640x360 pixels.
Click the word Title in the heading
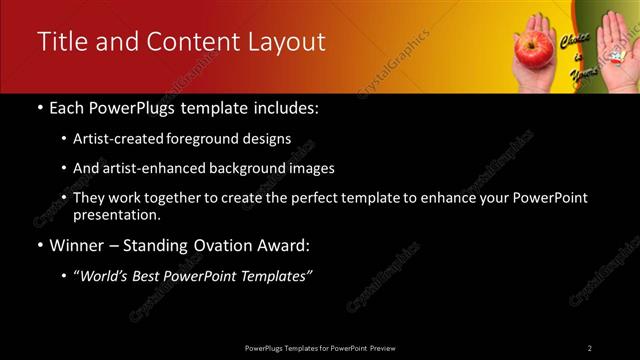point(60,42)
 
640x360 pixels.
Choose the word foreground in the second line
point(219,139)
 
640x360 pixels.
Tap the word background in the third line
point(246,169)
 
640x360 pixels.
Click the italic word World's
point(110,277)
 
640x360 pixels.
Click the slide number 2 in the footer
point(589,347)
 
